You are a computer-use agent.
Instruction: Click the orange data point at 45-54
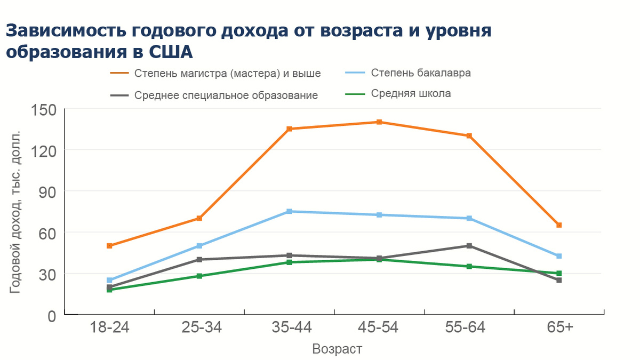coord(379,122)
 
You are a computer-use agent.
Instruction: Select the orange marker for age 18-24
coord(109,246)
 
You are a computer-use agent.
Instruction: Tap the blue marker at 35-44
coord(289,212)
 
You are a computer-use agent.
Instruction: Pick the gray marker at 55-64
coord(469,246)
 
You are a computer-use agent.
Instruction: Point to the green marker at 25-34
coord(199,276)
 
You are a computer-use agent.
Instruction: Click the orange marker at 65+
coord(559,225)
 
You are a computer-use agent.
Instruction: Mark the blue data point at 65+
coord(559,256)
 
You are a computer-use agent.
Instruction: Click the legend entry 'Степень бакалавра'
coord(421,73)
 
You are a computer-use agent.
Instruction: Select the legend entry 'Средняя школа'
coord(411,93)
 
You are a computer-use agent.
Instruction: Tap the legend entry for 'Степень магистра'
coord(227,73)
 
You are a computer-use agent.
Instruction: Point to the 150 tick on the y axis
coord(45,109)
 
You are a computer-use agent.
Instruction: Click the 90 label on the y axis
coord(49,191)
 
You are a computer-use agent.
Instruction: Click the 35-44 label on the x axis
coord(289,327)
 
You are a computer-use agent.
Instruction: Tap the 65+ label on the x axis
coord(559,327)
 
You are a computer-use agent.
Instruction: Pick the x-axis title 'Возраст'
coord(337,349)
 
